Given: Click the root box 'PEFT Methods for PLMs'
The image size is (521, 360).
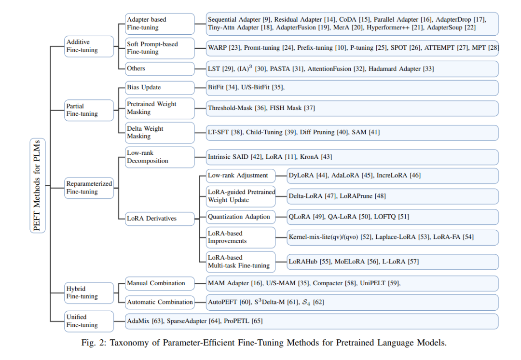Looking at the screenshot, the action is point(38,185).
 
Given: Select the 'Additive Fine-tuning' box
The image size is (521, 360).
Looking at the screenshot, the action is point(89,46).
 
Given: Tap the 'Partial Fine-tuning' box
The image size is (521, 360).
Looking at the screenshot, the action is point(89,110).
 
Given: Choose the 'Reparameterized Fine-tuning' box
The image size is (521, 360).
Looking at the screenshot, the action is point(89,188).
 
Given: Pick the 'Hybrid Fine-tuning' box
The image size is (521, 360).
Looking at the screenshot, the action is point(89,293).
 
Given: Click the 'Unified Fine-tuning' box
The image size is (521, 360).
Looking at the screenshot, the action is point(89,321).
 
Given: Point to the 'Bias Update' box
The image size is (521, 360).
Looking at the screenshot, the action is point(160,88).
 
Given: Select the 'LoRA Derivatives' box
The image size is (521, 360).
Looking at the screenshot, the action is point(160,219).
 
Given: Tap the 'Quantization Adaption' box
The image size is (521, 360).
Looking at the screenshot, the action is point(241,217).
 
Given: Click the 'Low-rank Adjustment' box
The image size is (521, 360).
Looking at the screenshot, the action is point(241,176).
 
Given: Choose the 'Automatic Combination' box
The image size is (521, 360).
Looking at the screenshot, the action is point(160,302).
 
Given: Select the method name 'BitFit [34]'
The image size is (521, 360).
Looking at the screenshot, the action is point(222,87).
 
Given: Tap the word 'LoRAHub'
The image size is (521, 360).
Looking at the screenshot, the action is point(303,262).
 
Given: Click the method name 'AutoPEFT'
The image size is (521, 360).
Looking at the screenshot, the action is point(222,302).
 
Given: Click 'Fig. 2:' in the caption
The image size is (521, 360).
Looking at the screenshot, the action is point(94,343).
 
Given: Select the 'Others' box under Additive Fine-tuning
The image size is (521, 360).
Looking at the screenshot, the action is point(160,69).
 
